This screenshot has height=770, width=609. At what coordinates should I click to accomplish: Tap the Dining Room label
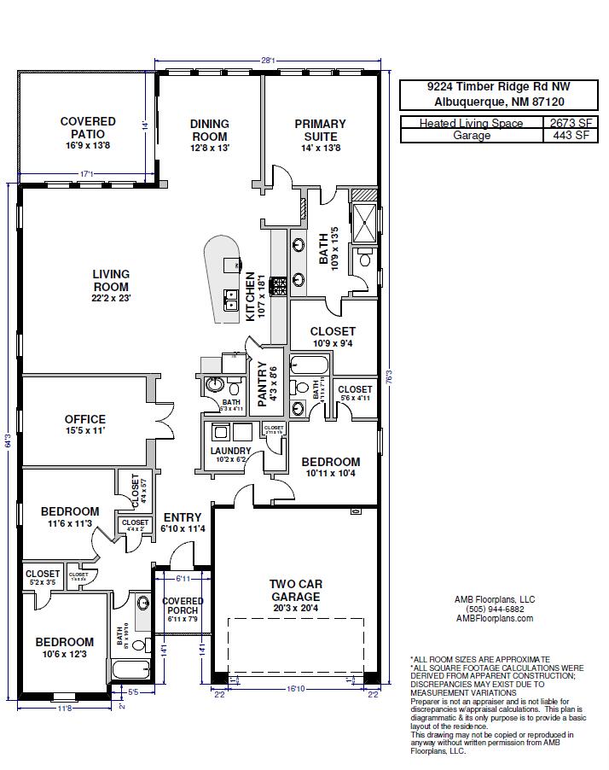click(209, 131)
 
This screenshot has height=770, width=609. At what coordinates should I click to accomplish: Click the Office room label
click(85, 419)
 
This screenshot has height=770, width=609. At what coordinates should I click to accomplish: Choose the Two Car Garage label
click(296, 591)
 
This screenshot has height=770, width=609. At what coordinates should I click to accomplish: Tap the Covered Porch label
click(183, 606)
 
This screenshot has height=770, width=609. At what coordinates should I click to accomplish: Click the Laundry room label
click(230, 451)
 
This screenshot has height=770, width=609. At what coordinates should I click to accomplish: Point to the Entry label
click(183, 517)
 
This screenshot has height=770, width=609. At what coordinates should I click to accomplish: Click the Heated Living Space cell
click(473, 123)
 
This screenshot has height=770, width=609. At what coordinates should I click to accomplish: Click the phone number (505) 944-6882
click(495, 610)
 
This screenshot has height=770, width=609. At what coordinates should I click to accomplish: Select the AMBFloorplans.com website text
click(495, 619)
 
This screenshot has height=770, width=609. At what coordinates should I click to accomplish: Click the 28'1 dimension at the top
click(267, 61)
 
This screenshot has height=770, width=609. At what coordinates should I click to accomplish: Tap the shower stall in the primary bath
click(364, 220)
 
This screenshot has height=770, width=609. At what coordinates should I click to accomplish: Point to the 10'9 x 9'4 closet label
click(333, 331)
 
